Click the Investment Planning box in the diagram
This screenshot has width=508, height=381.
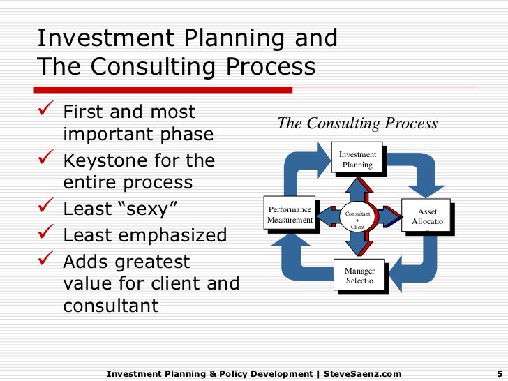[x=357, y=160]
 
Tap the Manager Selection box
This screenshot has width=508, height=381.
[x=359, y=276]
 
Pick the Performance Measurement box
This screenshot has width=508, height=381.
[x=289, y=215]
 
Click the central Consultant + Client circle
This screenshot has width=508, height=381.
[x=357, y=217]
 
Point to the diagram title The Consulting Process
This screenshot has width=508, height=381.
[x=357, y=124]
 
